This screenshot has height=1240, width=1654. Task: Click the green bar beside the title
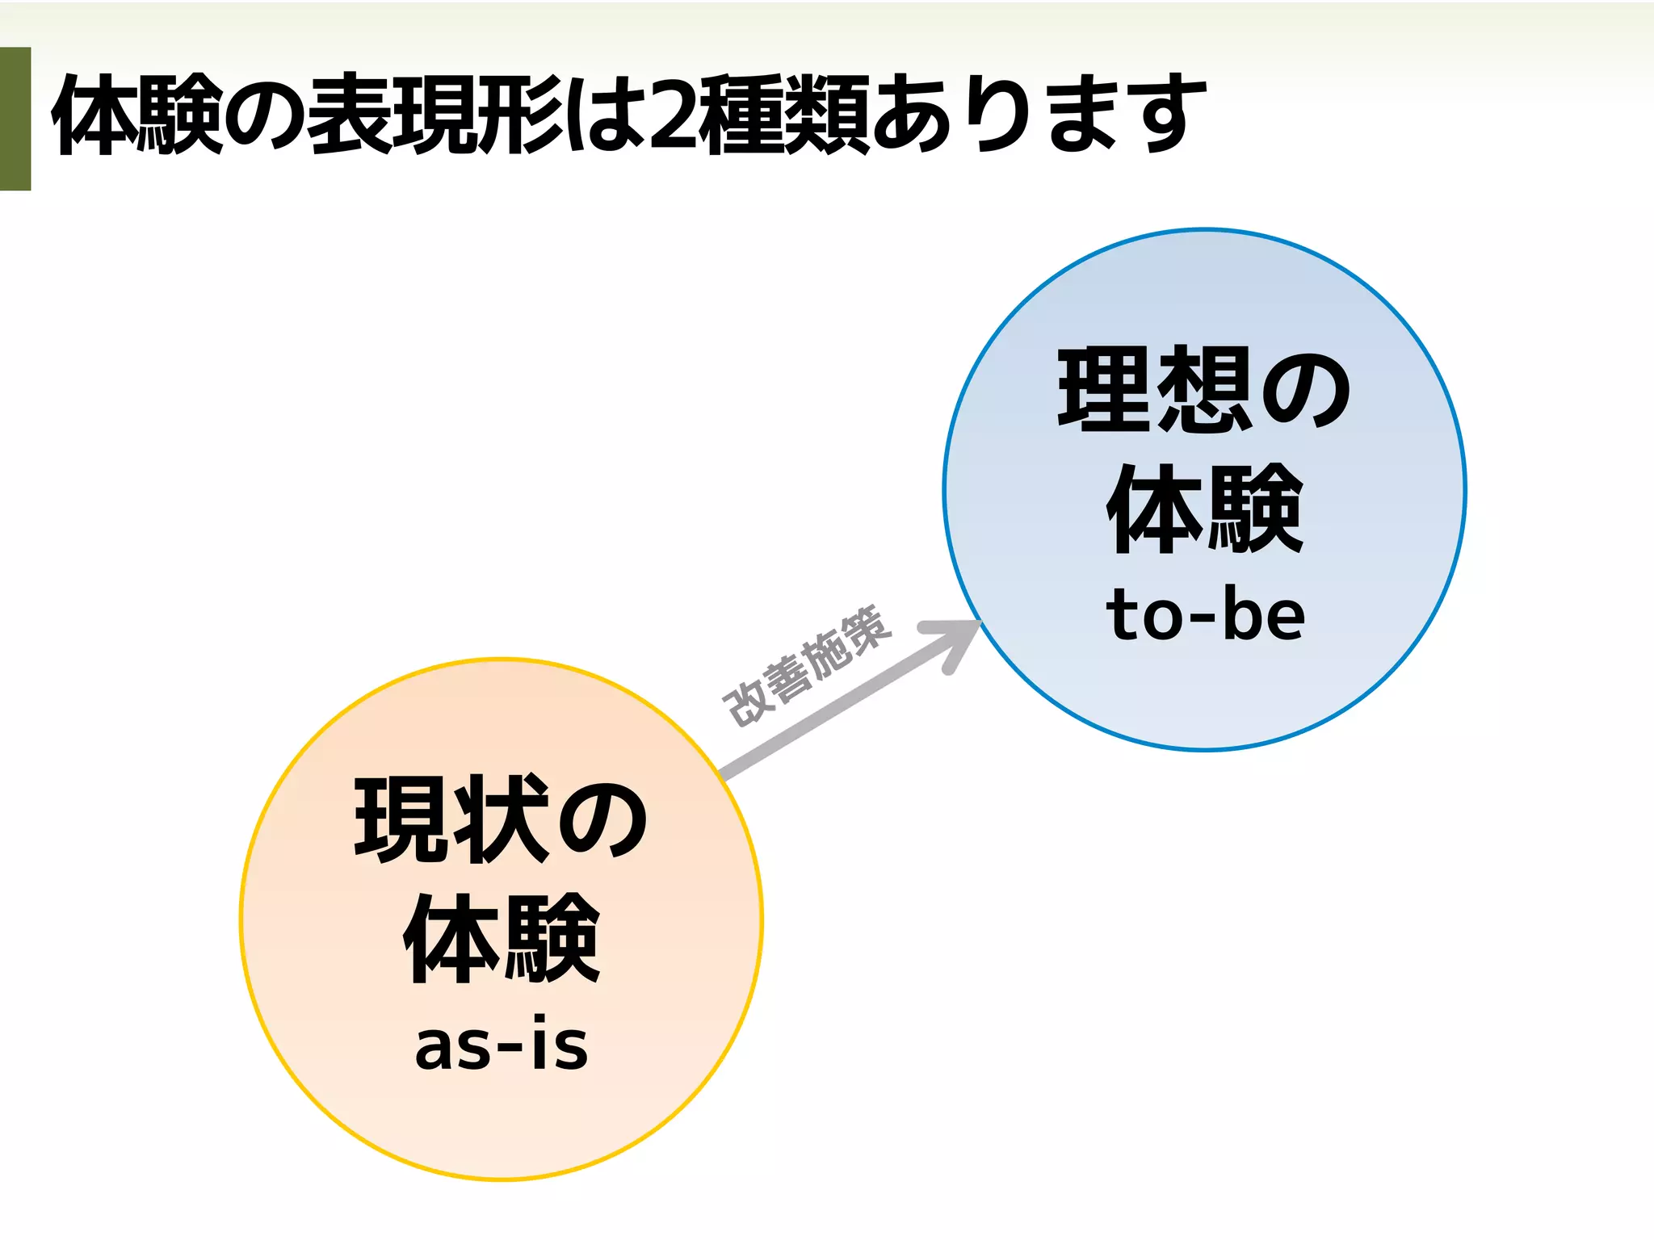click(x=15, y=119)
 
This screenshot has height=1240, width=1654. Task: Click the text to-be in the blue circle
click(x=1205, y=615)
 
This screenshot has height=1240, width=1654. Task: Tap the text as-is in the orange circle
click(x=502, y=1045)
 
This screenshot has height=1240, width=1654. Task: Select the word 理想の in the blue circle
click(x=1205, y=389)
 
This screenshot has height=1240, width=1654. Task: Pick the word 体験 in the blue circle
click(x=1205, y=509)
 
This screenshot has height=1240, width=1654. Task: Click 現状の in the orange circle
click(x=502, y=819)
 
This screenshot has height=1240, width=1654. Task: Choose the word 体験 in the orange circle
click(x=502, y=938)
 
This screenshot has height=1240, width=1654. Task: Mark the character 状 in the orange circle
click(x=501, y=819)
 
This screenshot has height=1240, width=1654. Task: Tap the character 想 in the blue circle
click(x=1205, y=389)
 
